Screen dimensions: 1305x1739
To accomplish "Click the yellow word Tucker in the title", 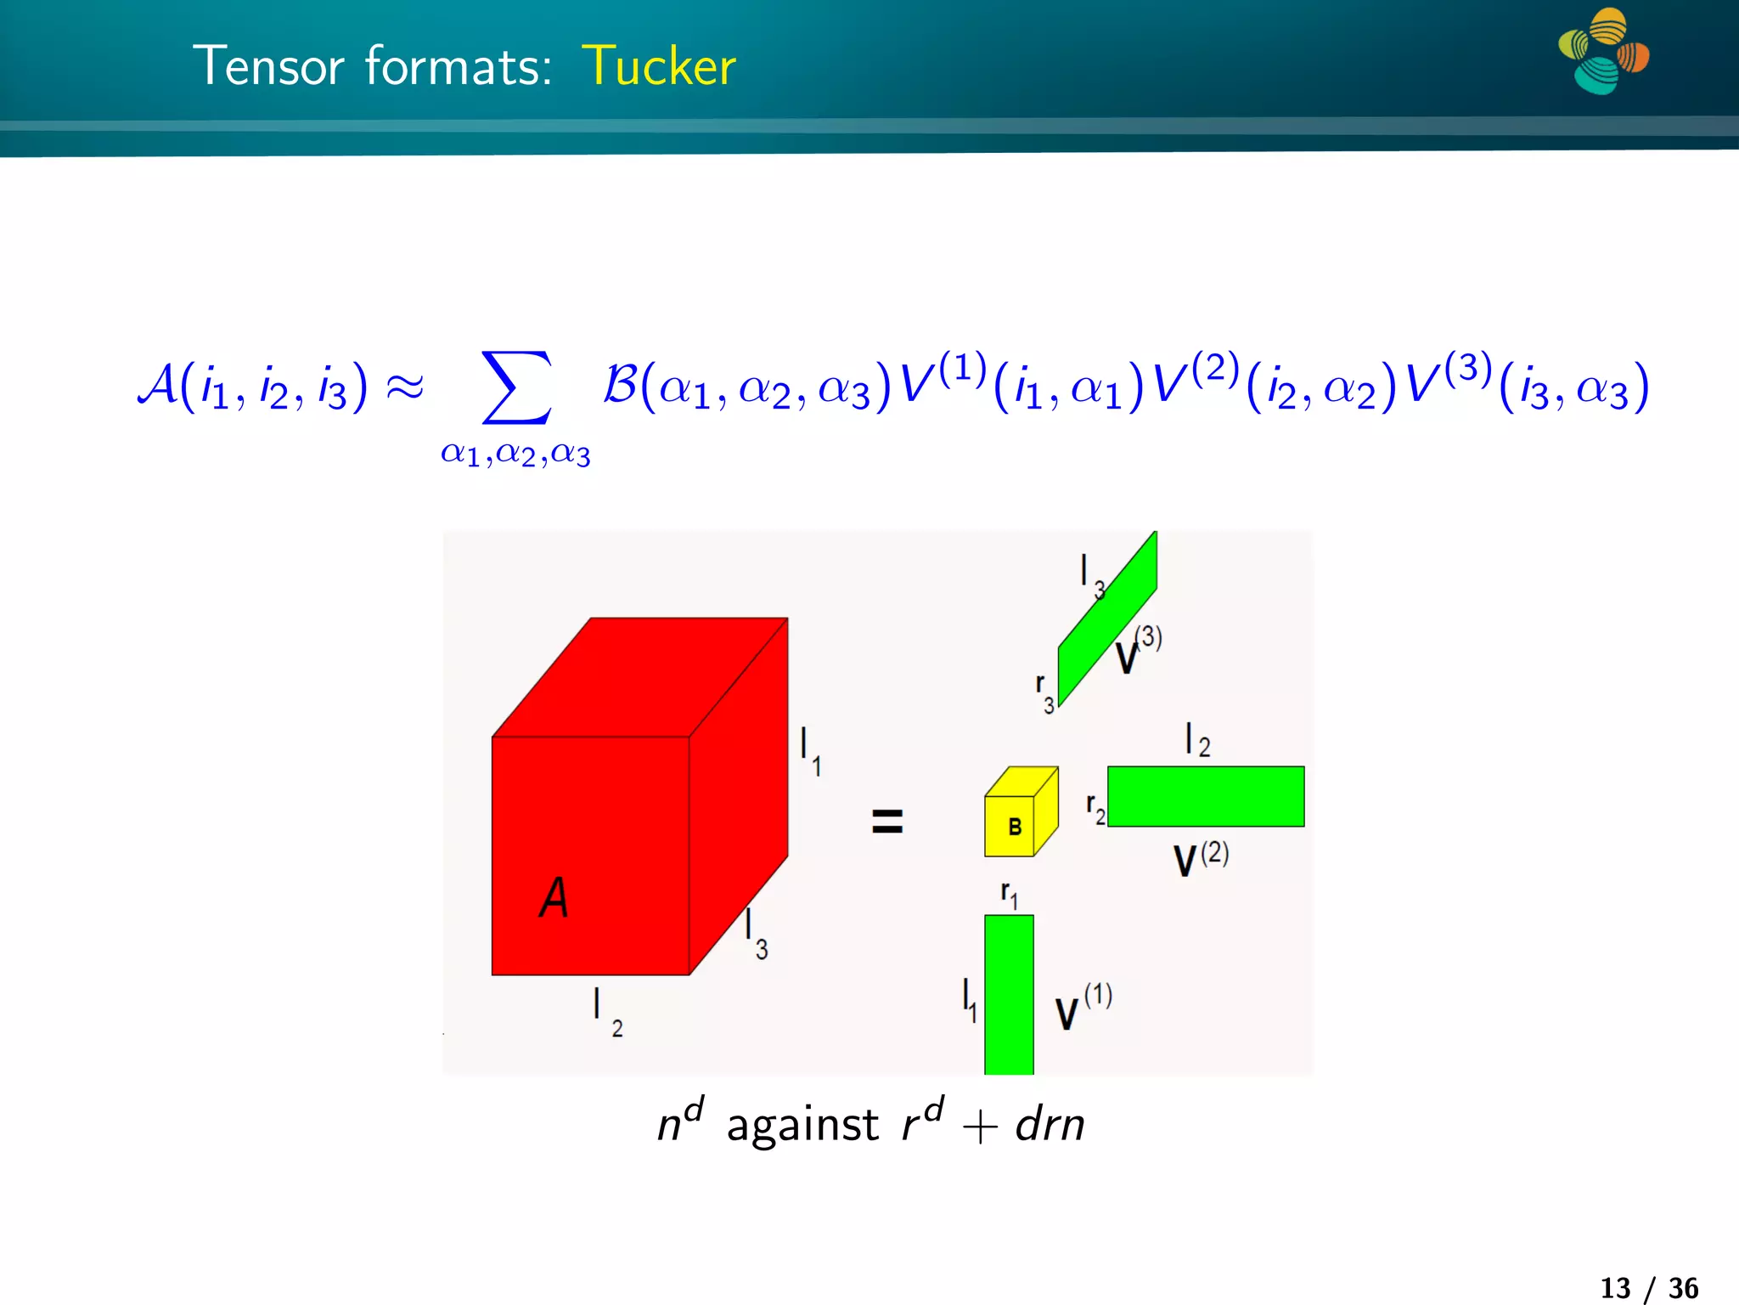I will click(659, 66).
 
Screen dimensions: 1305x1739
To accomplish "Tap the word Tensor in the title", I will click(268, 66).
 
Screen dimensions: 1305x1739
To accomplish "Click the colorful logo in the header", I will click(1602, 51).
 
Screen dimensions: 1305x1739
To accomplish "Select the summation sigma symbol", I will click(515, 387).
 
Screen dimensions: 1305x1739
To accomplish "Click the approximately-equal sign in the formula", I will click(404, 387).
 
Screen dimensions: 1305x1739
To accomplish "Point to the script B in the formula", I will click(620, 384).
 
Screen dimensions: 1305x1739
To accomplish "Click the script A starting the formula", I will click(158, 384).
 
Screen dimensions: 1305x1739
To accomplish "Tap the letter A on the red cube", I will click(554, 897).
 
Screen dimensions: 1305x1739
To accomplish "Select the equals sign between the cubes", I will click(887, 821).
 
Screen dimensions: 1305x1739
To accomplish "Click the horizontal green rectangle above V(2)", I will click(1206, 796).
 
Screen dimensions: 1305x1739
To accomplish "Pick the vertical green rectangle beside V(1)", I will click(1009, 994).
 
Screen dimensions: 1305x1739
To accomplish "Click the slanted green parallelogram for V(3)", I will click(1108, 619).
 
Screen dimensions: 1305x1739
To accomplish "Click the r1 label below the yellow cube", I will click(1009, 895).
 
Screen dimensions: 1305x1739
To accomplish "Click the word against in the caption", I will click(802, 1125).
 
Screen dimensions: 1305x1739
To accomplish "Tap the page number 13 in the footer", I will click(1615, 1288).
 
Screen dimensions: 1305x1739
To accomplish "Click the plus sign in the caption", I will click(979, 1128).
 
